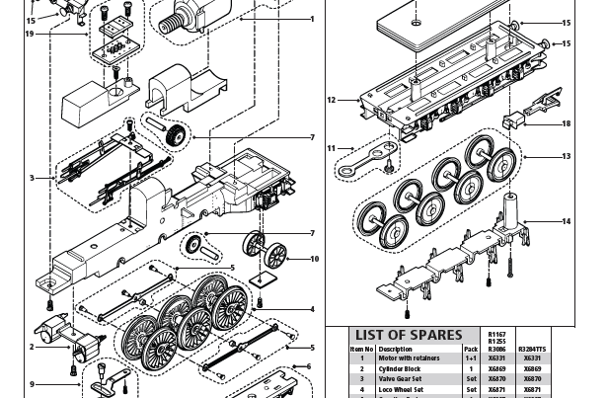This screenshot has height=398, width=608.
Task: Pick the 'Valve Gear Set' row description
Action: tap(403, 378)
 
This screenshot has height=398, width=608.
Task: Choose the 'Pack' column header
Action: tap(471, 349)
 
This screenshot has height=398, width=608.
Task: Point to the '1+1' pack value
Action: tap(471, 358)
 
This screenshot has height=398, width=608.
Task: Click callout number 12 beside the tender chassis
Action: tap(331, 100)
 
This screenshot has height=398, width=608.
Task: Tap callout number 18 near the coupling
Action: tap(566, 124)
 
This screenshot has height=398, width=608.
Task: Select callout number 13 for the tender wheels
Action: tap(566, 156)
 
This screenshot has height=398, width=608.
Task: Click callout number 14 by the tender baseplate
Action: tap(566, 221)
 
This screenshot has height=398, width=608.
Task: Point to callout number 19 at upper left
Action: tap(30, 35)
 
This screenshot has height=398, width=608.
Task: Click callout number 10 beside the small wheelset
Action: tap(314, 259)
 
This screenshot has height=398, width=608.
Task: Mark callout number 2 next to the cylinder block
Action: tap(32, 347)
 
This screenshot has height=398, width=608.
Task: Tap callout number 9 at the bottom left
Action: tap(32, 384)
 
